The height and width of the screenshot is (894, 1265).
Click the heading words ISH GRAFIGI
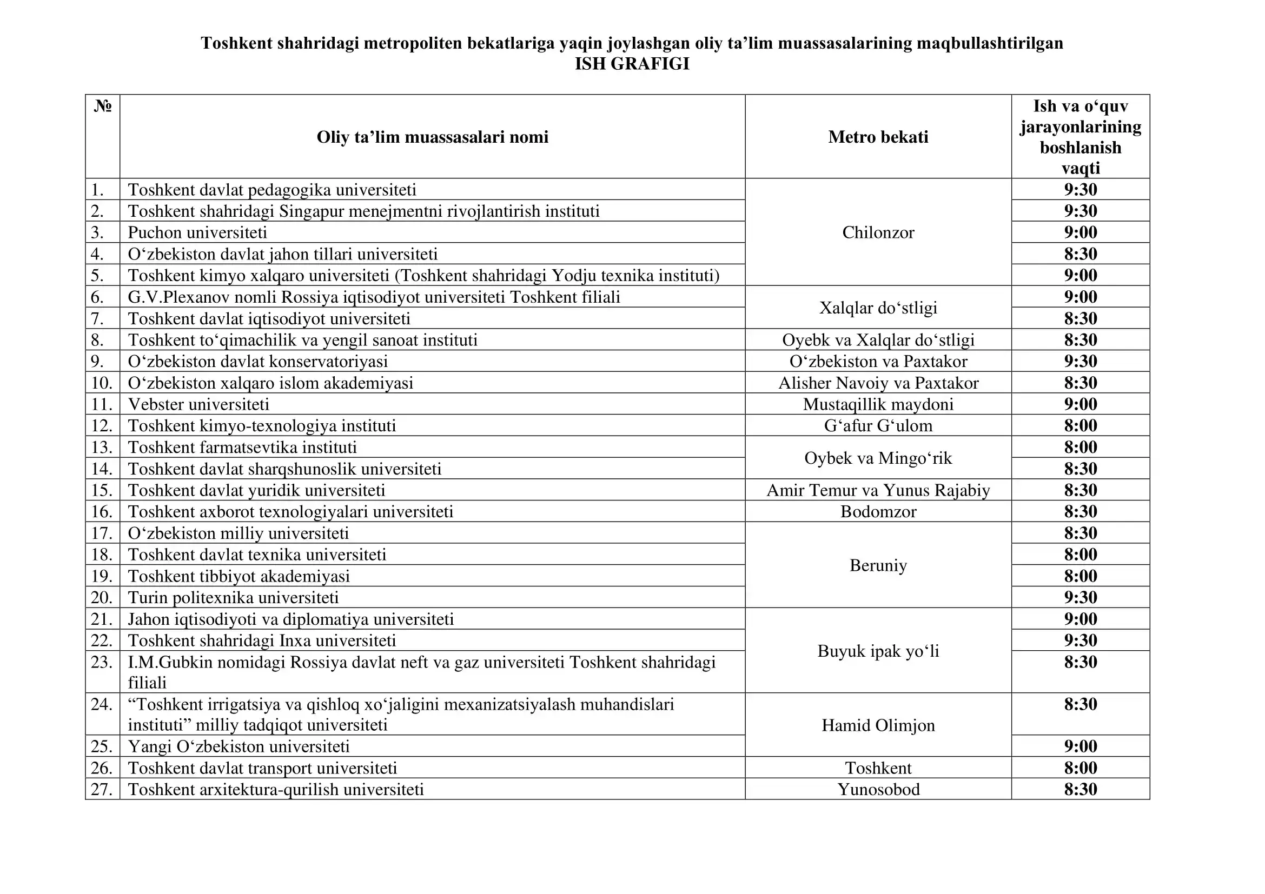[x=632, y=64]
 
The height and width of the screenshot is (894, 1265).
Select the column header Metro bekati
[x=878, y=137]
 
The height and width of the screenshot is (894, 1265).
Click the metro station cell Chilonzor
[x=878, y=232]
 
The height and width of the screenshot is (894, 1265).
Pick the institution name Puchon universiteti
[x=197, y=232]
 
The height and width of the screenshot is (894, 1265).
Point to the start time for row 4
[x=1080, y=254]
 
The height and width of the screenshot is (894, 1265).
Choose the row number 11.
[x=102, y=404]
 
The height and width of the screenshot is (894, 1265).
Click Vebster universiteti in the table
[x=198, y=404]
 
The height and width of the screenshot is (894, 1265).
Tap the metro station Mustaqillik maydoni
[x=878, y=404]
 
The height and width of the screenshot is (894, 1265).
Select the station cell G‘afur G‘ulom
[x=878, y=425]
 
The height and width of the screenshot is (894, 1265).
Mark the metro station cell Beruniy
[x=878, y=565]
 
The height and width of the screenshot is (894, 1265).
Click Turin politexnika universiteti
[x=233, y=597]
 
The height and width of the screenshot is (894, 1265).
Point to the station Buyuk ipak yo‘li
[x=878, y=651]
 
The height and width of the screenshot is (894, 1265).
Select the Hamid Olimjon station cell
[x=878, y=725]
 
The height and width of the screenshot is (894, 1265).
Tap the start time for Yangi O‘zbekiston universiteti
[x=1080, y=746]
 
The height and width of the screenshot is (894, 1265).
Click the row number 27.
[x=102, y=789]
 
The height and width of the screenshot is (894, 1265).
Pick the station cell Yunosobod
[x=878, y=789]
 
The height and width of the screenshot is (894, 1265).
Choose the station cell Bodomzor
[x=878, y=511]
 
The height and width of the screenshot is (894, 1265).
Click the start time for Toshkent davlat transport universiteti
[x=1080, y=768]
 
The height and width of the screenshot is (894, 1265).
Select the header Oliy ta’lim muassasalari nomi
[x=432, y=137]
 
